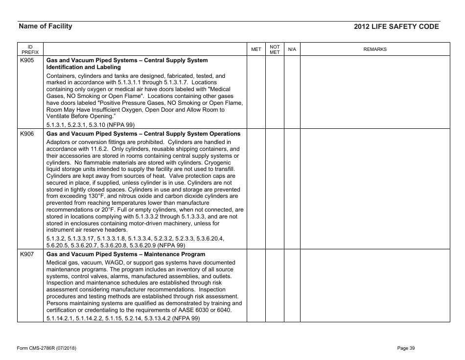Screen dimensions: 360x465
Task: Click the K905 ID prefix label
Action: click(27, 61)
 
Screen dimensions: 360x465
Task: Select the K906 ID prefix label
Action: click(27, 134)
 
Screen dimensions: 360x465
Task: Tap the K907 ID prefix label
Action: click(27, 255)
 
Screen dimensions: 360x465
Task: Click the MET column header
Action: click(256, 49)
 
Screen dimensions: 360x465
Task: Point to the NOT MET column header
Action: click(275, 49)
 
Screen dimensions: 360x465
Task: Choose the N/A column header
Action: click(292, 49)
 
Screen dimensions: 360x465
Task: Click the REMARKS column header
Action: click(375, 49)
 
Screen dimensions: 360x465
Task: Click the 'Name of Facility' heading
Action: click(45, 26)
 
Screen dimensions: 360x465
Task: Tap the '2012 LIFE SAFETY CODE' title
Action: click(396, 27)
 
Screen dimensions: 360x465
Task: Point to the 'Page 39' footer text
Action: click(406, 348)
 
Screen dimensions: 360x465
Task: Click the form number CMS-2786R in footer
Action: click(46, 348)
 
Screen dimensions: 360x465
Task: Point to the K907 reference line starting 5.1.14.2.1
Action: click(123, 318)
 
